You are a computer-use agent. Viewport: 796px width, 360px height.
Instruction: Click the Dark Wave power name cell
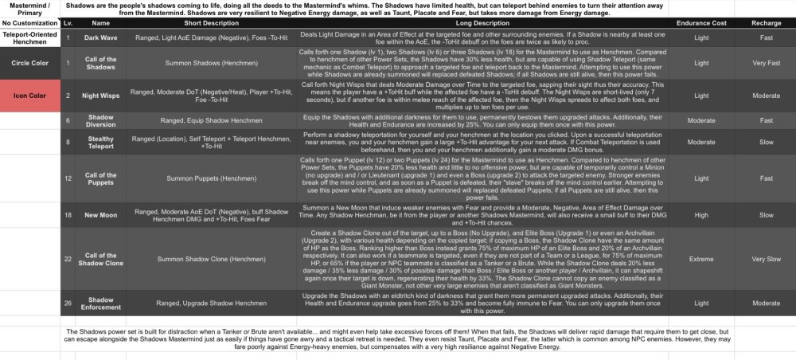[x=102, y=37]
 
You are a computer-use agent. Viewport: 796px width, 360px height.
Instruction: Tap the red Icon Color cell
[x=30, y=96]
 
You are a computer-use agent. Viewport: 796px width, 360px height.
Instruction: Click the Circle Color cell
[x=30, y=61]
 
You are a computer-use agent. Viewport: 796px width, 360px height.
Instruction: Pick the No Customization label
[x=30, y=24]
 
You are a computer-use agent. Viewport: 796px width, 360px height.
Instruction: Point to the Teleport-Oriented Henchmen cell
[x=30, y=37]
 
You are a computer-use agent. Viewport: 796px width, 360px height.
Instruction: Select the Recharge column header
[x=766, y=24]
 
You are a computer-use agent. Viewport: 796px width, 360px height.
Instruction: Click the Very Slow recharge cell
[x=766, y=259]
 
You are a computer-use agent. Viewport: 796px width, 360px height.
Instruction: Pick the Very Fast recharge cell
[x=766, y=61]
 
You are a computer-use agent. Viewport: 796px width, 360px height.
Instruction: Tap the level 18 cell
[x=68, y=214]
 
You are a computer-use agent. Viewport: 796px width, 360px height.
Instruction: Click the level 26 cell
[x=68, y=303]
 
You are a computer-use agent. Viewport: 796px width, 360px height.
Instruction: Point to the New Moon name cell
[x=102, y=214]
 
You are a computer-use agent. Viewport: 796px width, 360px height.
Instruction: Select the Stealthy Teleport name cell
[x=102, y=143]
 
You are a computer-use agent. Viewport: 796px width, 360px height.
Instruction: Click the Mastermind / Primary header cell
[x=30, y=9]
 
